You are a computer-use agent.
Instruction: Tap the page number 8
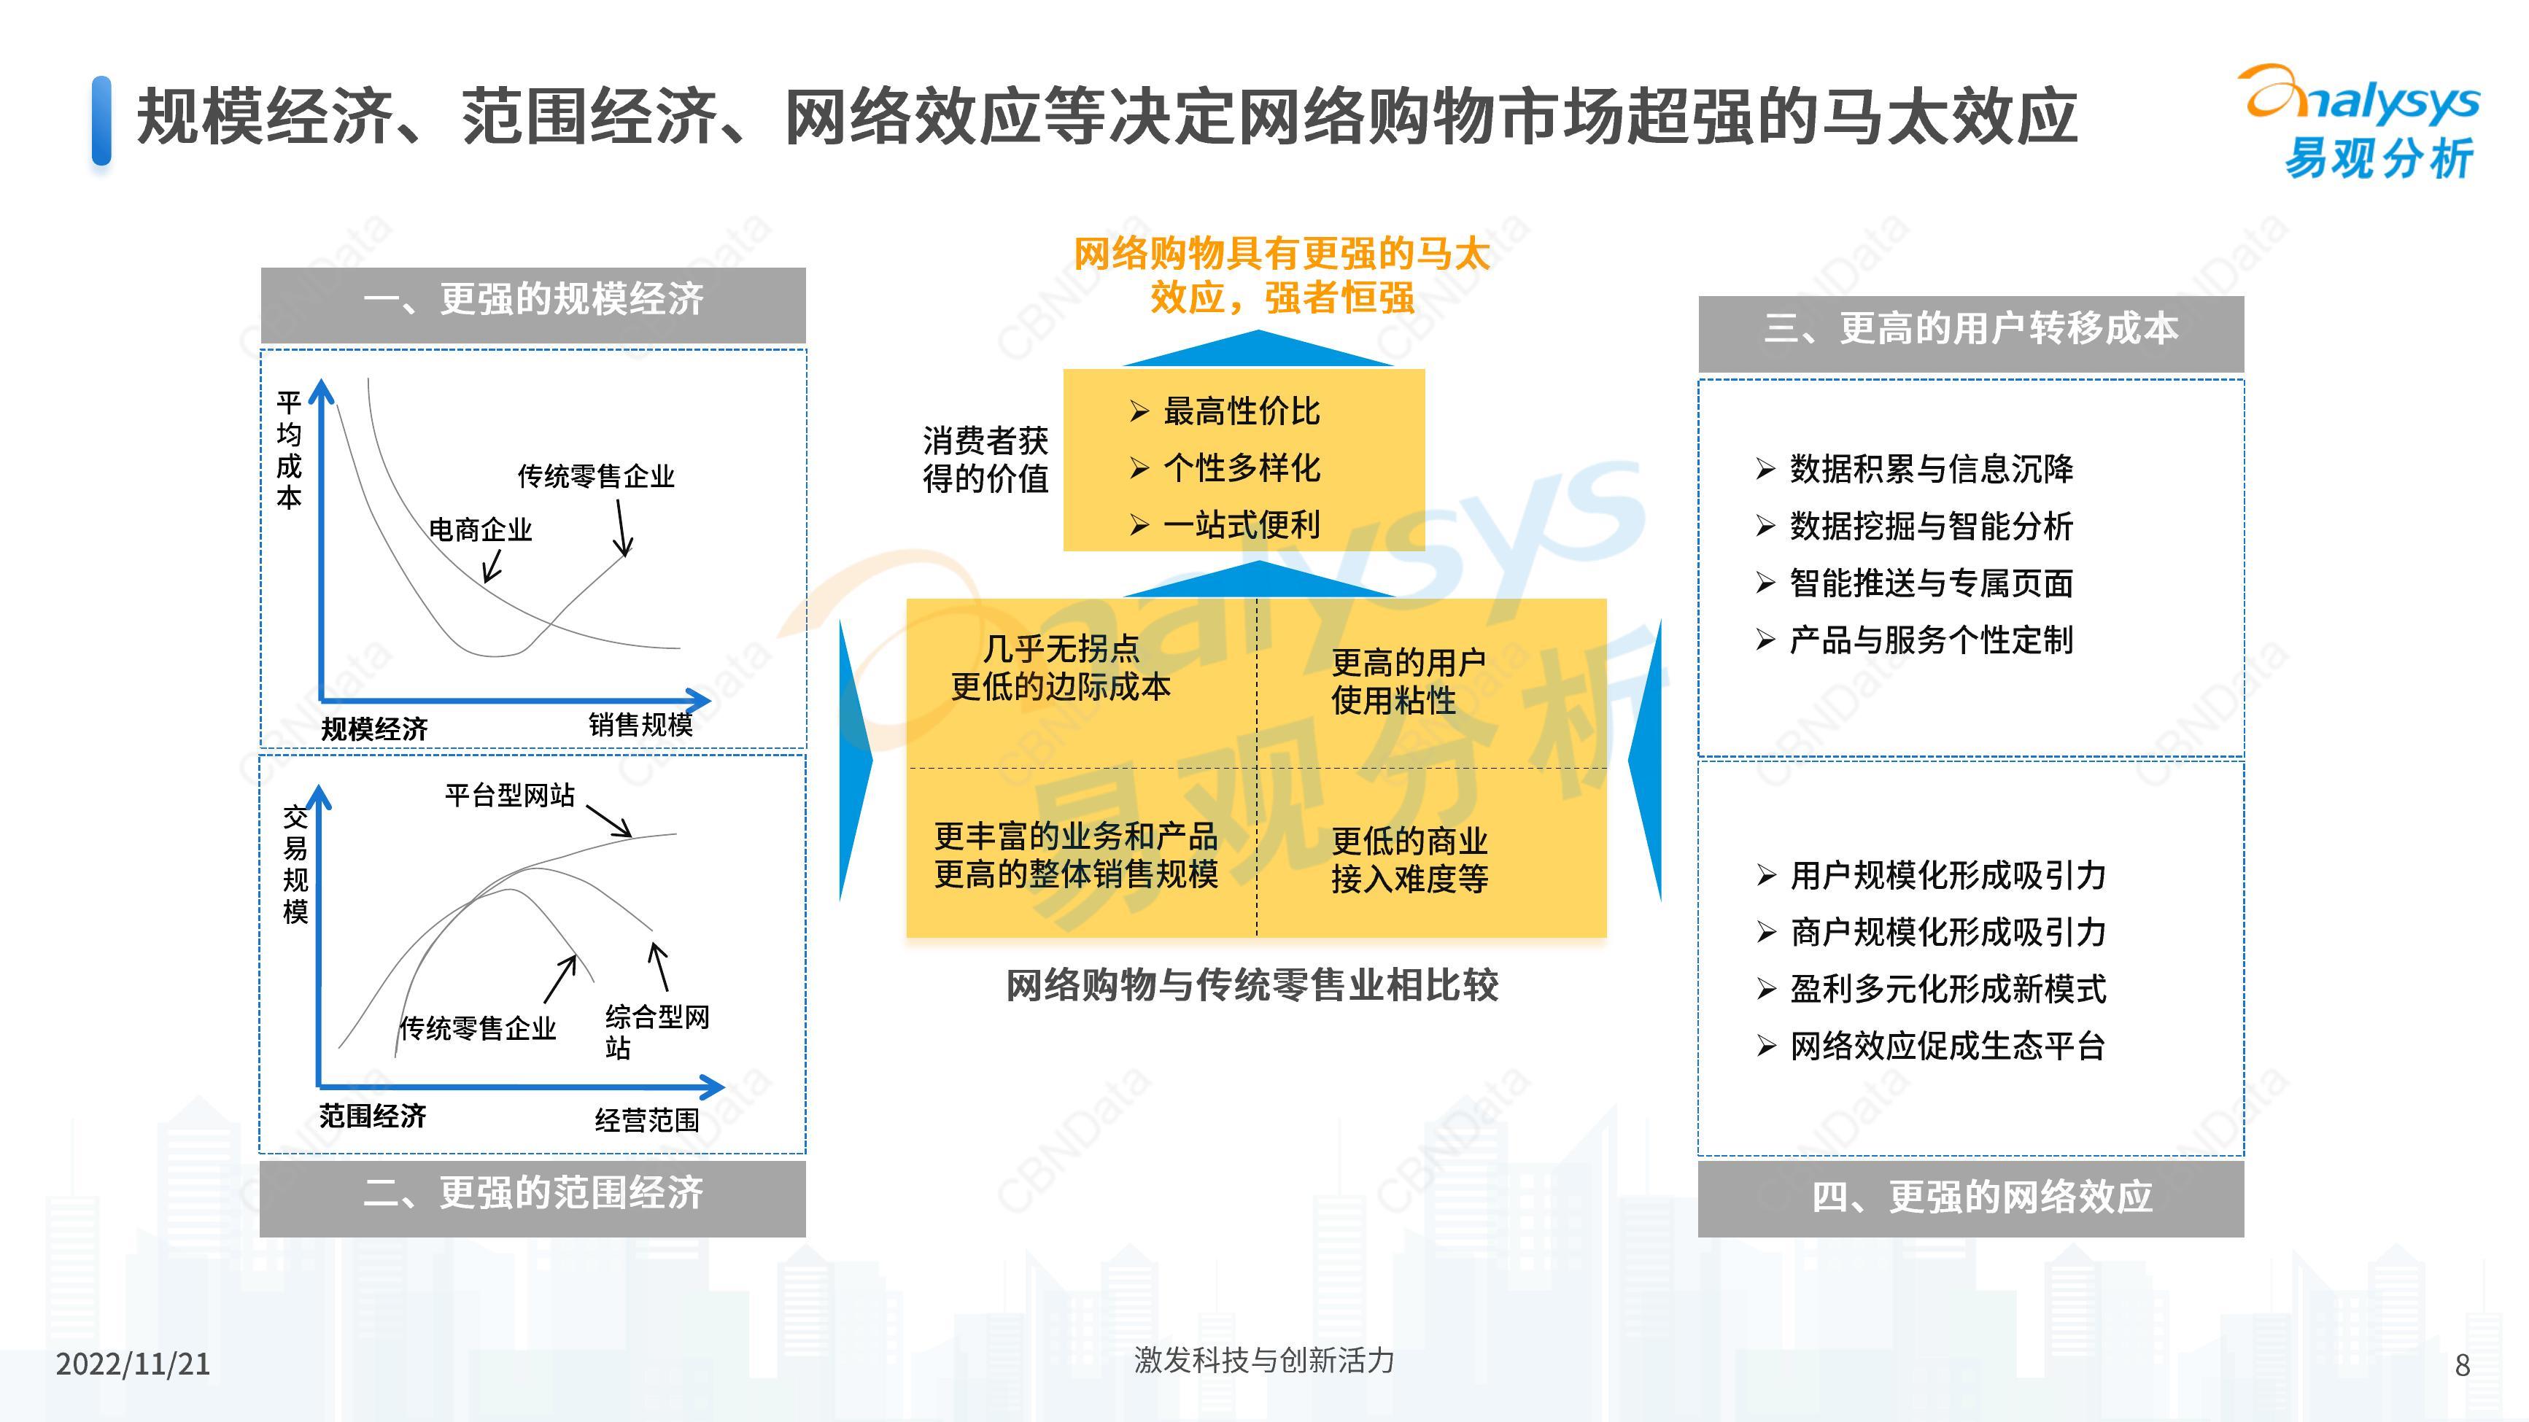[x=2461, y=1364]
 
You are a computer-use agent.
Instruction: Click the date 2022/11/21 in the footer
[x=133, y=1363]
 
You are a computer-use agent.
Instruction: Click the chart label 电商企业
[x=480, y=530]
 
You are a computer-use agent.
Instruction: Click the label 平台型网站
[x=510, y=795]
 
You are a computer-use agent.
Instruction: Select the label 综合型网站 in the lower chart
[x=657, y=1031]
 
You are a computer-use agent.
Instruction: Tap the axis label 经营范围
[x=646, y=1120]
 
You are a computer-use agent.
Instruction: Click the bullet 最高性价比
[x=1241, y=411]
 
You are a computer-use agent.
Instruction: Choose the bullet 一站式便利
[x=1241, y=525]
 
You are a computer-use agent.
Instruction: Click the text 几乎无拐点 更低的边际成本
[x=1061, y=667]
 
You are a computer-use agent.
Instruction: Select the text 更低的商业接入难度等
[x=1410, y=860]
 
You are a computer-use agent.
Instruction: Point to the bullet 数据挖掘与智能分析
[x=1931, y=526]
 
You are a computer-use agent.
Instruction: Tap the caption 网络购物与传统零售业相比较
[x=1252, y=985]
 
